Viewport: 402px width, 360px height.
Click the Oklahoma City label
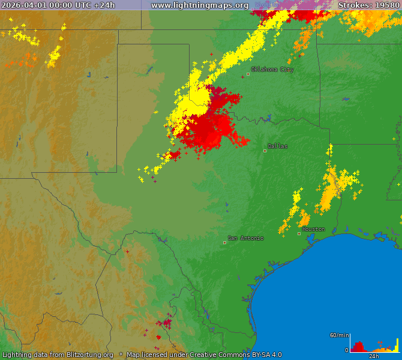coord(272,70)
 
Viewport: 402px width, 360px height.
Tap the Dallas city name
coord(277,146)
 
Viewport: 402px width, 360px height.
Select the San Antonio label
coord(245,238)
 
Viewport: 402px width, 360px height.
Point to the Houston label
coord(313,229)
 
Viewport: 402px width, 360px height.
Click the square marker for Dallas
coord(265,151)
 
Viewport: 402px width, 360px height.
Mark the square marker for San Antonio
coord(225,242)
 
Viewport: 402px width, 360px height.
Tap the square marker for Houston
coord(299,233)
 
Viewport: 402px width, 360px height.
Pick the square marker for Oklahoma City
coord(248,74)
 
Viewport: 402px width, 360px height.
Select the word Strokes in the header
coord(354,5)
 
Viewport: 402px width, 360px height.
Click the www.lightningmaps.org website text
coord(199,5)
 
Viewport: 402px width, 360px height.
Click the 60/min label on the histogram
coord(339,335)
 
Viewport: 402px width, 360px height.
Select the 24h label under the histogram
coord(373,356)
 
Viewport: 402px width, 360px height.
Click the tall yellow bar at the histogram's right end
coord(397,346)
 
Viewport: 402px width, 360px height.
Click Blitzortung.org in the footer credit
coord(83,355)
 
